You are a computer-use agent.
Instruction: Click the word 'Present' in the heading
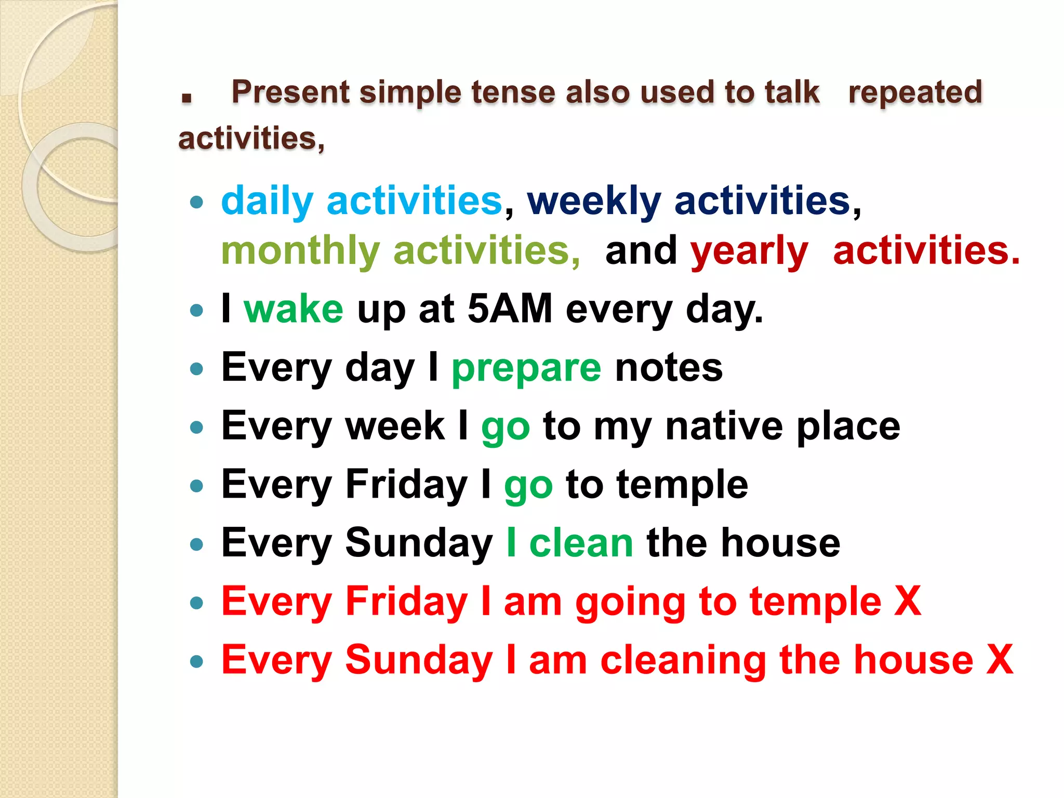[x=290, y=92]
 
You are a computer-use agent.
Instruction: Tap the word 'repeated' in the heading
[x=915, y=92]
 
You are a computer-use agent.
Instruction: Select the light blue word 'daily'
[x=267, y=201]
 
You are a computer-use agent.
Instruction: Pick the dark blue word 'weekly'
[x=594, y=201]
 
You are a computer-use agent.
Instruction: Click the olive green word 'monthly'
[x=300, y=251]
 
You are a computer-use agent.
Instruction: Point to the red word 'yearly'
[x=749, y=251]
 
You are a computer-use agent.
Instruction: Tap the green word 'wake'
[x=294, y=309]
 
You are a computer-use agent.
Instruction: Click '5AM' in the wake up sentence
[x=510, y=309]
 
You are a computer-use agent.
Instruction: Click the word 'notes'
[x=669, y=368]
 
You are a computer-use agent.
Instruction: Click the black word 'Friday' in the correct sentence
[x=406, y=485]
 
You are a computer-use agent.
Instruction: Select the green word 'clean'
[x=581, y=543]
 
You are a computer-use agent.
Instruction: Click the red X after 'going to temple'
[x=908, y=602]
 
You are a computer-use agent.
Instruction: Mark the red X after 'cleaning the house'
[x=1000, y=660]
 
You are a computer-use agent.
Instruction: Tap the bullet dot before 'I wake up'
[x=196, y=311]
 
